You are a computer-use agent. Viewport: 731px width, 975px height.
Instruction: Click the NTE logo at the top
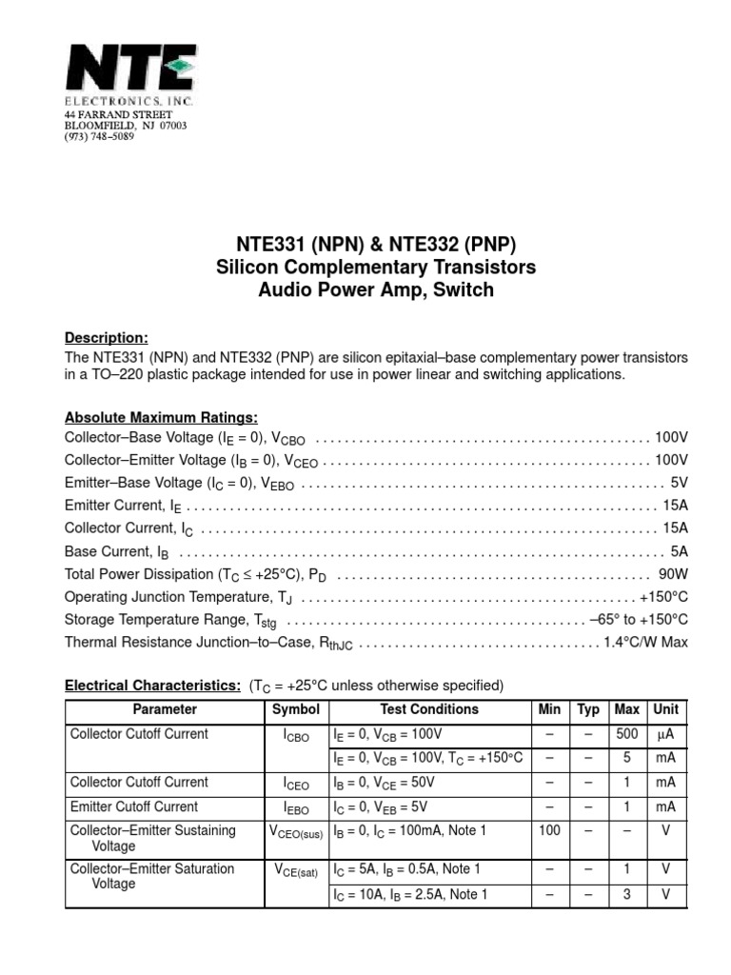coord(130,68)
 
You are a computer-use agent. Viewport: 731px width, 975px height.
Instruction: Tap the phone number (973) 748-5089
coord(99,136)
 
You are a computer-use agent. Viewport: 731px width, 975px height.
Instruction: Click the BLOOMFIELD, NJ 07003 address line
coord(126,126)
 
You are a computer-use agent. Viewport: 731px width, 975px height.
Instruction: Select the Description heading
coord(106,338)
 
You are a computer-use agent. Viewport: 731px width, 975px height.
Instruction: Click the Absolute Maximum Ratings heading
coord(161,418)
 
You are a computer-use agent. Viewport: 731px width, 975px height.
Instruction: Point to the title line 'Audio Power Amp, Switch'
coord(376,290)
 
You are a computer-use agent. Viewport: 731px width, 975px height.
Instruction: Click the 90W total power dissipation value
coord(672,574)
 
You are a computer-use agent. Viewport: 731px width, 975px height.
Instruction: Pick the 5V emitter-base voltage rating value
coord(679,483)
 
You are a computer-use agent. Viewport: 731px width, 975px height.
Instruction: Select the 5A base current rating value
coord(679,551)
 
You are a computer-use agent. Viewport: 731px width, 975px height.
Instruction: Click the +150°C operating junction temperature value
coord(663,597)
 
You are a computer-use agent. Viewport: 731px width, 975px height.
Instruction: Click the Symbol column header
coord(296,710)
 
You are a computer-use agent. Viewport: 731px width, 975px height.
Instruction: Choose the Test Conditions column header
coord(429,710)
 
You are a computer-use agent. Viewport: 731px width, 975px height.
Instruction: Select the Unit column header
coord(665,710)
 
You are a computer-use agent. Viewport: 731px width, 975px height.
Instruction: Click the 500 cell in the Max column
coord(626,734)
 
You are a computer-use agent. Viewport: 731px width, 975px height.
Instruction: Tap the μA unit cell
coord(665,734)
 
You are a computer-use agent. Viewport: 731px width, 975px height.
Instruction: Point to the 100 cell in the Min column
coord(549,830)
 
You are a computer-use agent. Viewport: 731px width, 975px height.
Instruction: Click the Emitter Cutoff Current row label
coord(134,806)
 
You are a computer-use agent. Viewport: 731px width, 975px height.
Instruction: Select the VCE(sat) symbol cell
coord(296,869)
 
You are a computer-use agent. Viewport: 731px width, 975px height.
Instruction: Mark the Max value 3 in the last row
coord(626,894)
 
